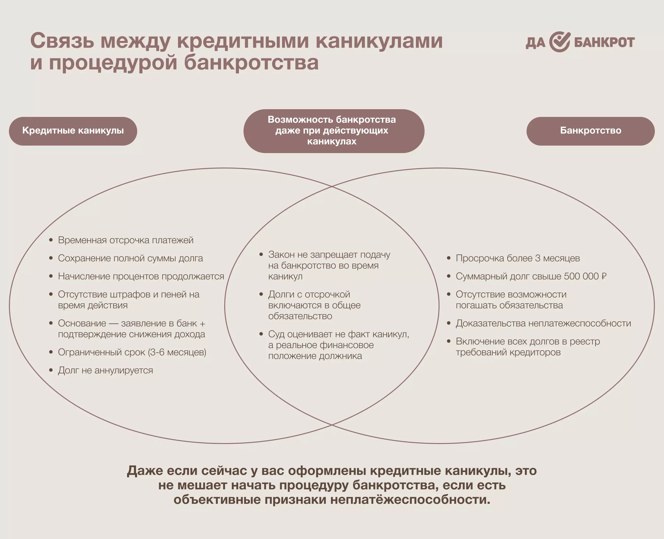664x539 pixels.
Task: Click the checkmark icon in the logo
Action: click(x=560, y=42)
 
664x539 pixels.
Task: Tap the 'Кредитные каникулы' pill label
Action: click(x=73, y=131)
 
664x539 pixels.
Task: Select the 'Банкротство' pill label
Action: click(x=590, y=131)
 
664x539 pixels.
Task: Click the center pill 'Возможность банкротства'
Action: click(x=332, y=130)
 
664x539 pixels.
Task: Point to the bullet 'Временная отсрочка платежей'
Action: click(x=125, y=240)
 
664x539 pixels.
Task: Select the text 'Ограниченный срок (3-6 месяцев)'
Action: click(x=132, y=352)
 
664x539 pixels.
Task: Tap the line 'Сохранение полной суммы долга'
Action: click(x=130, y=258)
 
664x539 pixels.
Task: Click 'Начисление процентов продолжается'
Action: click(x=141, y=276)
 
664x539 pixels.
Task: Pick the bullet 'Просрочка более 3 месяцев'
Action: click(x=518, y=258)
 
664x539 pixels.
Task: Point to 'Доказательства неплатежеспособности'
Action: click(x=543, y=323)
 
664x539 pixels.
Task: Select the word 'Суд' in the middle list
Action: click(x=276, y=334)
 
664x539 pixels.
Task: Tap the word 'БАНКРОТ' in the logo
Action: click(x=604, y=42)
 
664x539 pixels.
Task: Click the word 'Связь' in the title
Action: click(x=62, y=41)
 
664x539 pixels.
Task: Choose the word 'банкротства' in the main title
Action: click(x=251, y=62)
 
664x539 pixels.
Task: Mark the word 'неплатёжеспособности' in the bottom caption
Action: click(x=410, y=499)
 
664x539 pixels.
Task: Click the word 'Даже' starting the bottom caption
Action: click(x=145, y=471)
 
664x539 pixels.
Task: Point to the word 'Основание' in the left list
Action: click(x=82, y=323)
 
